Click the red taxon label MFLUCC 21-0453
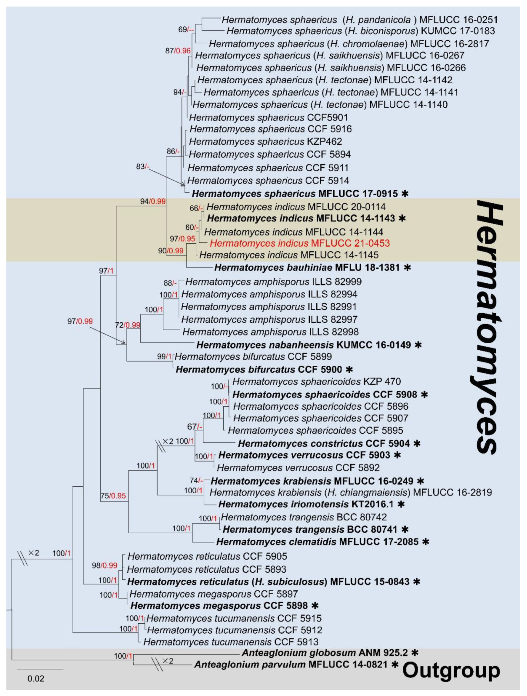coord(300,243)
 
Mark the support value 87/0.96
coord(178,51)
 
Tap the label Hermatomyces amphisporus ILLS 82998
coord(270,332)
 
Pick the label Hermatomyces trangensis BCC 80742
coord(304,517)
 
